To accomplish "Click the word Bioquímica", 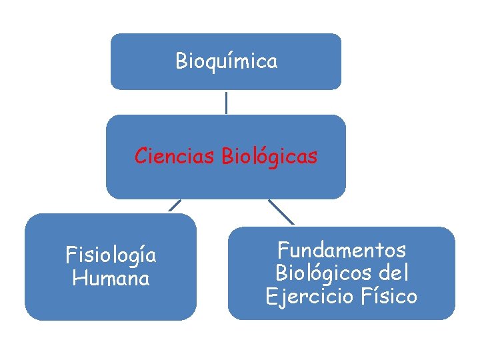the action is point(226,62).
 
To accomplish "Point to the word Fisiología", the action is point(111,255).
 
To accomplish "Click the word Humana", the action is point(111,278).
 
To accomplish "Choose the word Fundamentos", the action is point(341,251).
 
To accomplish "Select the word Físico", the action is point(389,296).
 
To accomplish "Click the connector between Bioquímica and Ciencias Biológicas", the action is point(226,103).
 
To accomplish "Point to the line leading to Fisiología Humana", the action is point(175,205).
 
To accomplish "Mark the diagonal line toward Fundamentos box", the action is point(281,211).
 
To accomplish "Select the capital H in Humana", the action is point(78,278).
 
